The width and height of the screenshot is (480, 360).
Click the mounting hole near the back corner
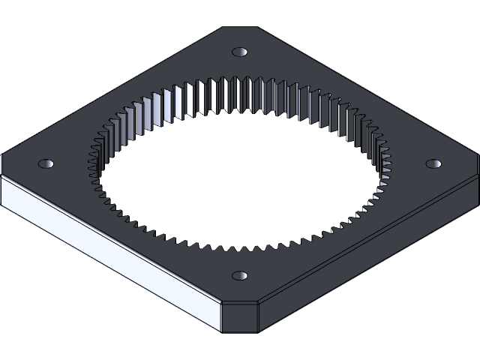240,52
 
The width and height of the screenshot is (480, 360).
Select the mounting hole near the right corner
433,163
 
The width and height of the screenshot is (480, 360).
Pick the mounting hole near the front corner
240,276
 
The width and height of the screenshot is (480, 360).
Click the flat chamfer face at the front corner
240,316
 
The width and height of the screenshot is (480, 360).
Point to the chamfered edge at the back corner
240,28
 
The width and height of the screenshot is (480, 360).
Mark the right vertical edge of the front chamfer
259,316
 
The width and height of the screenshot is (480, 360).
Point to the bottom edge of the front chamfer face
240,331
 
